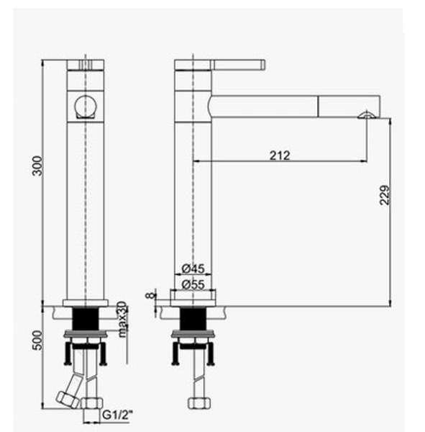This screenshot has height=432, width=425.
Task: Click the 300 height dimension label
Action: [x=37, y=166]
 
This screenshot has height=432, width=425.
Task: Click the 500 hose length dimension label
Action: [x=37, y=341]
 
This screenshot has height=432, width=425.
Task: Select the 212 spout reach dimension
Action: [x=280, y=156]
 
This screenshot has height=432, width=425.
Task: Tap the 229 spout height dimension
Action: [x=385, y=195]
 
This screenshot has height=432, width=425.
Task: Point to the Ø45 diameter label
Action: [x=193, y=268]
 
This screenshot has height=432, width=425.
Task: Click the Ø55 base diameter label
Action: [x=193, y=284]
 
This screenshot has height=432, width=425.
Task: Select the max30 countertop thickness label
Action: [x=122, y=319]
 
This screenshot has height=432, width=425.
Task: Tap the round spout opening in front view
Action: [x=86, y=107]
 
